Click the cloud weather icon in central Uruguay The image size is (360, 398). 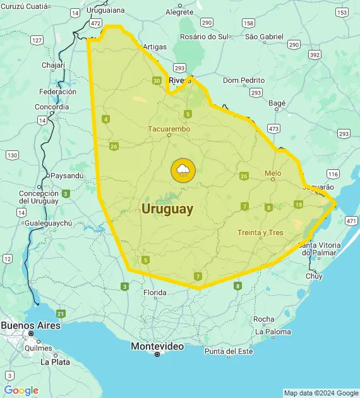pyautogui.click(x=183, y=170)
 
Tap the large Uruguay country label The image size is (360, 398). pyautogui.click(x=167, y=208)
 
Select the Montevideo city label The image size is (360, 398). pyautogui.click(x=157, y=346)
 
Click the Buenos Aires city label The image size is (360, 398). pyautogui.click(x=30, y=325)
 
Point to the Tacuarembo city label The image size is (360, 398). pyautogui.click(x=169, y=129)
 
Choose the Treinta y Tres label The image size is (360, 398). pyautogui.click(x=260, y=232)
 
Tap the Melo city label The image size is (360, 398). pyautogui.click(x=273, y=172)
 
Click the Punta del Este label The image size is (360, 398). pyautogui.click(x=229, y=351)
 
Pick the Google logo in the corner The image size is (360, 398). pyautogui.click(x=21, y=390)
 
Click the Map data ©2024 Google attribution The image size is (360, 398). pyautogui.click(x=321, y=393)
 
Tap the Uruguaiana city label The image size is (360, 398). pyautogui.click(x=106, y=11)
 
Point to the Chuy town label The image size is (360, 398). pyautogui.click(x=314, y=276)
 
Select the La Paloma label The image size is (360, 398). pyautogui.click(x=273, y=332)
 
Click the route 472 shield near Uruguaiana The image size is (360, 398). pyautogui.click(x=95, y=23)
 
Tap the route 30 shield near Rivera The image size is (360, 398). pyautogui.click(x=157, y=80)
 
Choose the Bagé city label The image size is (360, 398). pyautogui.click(x=277, y=103)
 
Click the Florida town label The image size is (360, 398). pyautogui.click(x=155, y=292)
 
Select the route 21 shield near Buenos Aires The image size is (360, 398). pyautogui.click(x=61, y=313)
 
